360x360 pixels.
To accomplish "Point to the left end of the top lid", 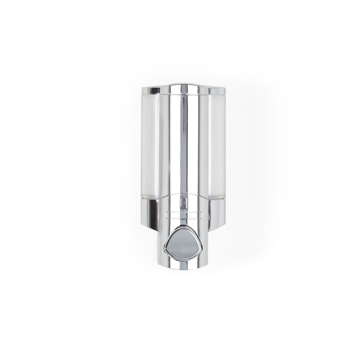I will coord(151,91).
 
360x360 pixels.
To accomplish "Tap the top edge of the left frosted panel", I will coord(152,96).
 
